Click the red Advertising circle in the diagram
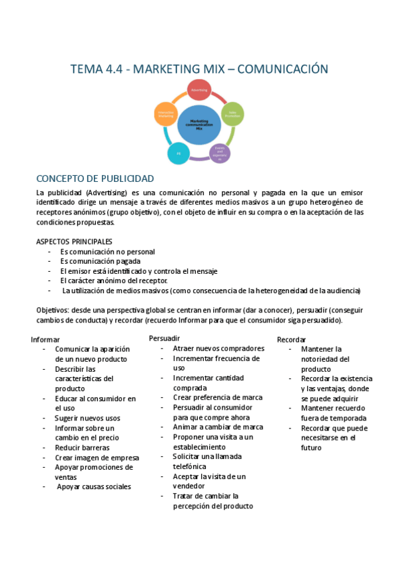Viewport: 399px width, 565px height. [x=199, y=90]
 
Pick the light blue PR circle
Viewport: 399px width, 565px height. [x=178, y=153]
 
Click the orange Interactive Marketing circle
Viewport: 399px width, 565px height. [x=166, y=114]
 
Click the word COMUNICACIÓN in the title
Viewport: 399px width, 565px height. [x=283, y=69]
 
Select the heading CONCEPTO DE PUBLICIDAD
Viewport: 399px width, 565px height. [x=95, y=179]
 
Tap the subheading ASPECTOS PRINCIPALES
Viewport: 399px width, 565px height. [x=74, y=241]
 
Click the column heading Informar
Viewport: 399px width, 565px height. [x=45, y=339]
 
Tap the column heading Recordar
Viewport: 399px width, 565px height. [x=291, y=340]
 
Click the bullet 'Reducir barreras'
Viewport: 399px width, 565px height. [x=82, y=448]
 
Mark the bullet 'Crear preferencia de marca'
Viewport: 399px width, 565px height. [x=217, y=397]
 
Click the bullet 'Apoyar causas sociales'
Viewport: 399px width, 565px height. [x=94, y=486]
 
